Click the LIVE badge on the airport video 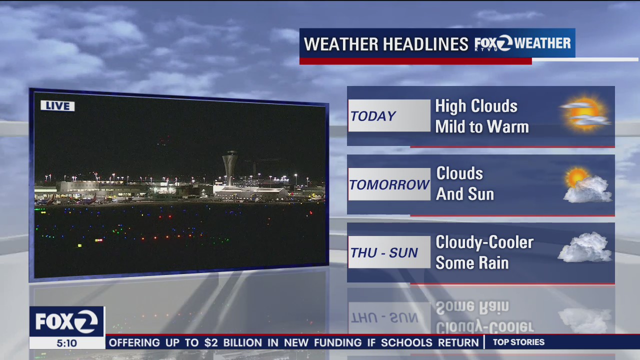coord(57,106)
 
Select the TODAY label coord(373,116)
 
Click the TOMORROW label coord(389,184)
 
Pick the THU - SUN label coord(383,253)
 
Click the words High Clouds coord(476,106)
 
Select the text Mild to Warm coord(481,127)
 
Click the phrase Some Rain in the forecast coord(471,263)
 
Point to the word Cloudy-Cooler coord(484,242)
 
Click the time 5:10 coord(66,343)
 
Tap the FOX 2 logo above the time coord(66,321)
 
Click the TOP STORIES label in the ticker coord(518,342)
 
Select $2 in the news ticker coord(211,343)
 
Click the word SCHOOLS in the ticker coord(405,343)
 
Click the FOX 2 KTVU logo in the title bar coord(493,44)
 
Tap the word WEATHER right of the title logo coord(542,43)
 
